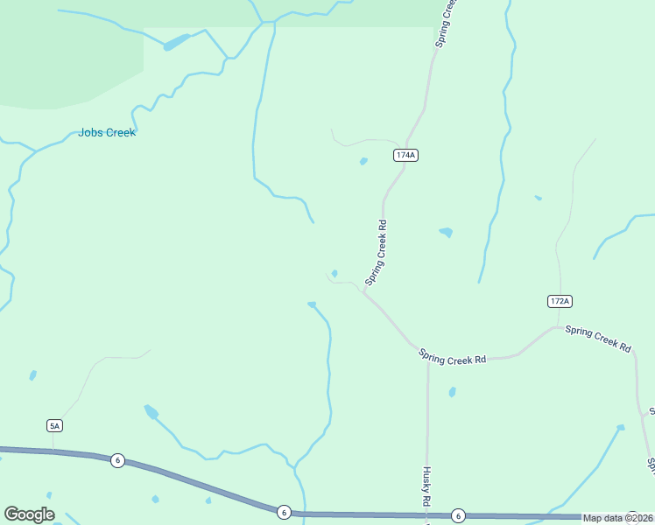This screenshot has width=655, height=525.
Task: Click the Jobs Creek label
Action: (x=107, y=133)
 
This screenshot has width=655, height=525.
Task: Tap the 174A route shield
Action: (x=405, y=155)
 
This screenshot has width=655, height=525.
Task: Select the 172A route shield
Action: (x=560, y=301)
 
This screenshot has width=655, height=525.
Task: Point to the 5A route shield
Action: (x=54, y=425)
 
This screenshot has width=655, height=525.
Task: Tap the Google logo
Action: (x=29, y=514)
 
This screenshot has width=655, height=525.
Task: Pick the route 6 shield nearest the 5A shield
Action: (x=117, y=460)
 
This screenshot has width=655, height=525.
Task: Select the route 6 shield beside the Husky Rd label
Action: (x=457, y=515)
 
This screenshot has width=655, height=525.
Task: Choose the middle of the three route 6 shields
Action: (x=283, y=511)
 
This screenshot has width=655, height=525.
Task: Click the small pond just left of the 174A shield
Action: (x=363, y=161)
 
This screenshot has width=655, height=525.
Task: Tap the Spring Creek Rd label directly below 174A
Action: (x=377, y=252)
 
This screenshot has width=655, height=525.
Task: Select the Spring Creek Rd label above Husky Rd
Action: (x=452, y=357)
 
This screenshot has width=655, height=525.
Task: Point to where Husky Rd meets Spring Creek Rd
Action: (x=427, y=359)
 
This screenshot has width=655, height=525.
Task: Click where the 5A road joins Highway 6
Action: (x=53, y=451)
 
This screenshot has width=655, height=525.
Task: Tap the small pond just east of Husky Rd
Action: (x=452, y=392)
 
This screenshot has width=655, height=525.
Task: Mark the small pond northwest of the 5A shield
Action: (x=33, y=375)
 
